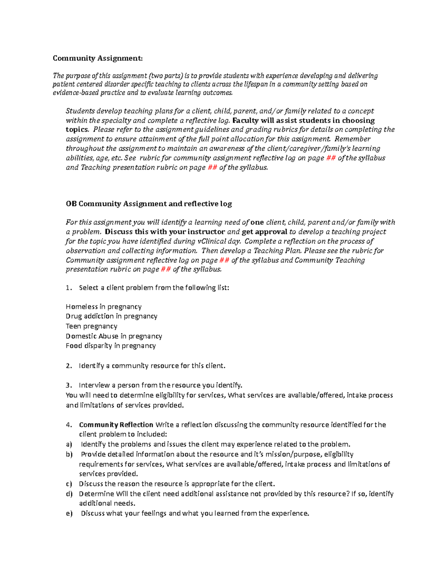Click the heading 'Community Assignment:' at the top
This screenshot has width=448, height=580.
click(97, 58)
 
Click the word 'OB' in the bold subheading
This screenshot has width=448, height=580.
click(71, 204)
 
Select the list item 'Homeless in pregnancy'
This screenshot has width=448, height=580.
click(103, 307)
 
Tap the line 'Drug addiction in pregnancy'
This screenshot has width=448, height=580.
click(111, 316)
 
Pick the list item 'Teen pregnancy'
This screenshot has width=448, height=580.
click(91, 326)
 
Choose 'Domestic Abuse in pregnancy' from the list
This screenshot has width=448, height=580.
click(114, 336)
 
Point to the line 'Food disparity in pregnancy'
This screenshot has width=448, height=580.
click(111, 346)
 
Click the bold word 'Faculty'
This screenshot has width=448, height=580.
click(245, 121)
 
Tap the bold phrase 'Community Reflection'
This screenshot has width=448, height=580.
click(116, 425)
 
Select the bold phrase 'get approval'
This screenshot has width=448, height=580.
click(264, 232)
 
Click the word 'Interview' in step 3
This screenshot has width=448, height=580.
click(94, 385)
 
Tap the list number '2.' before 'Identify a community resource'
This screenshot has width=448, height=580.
click(69, 366)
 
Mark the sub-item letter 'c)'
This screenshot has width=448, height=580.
click(69, 484)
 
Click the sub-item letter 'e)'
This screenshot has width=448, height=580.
click(69, 514)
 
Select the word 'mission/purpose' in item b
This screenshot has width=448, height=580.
click(293, 455)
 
